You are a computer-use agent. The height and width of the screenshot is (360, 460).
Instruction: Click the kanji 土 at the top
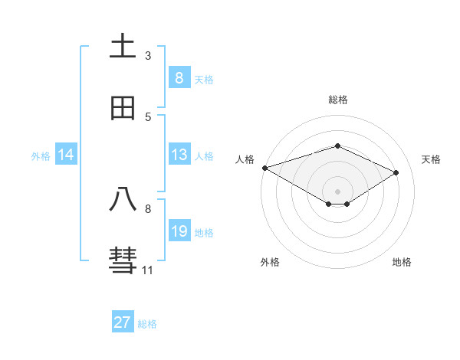click(123, 47)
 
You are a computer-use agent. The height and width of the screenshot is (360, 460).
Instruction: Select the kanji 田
click(123, 108)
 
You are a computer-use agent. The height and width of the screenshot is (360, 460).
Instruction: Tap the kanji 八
click(123, 200)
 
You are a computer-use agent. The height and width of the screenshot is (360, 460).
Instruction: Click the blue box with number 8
click(179, 77)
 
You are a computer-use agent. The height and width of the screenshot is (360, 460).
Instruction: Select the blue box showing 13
click(179, 155)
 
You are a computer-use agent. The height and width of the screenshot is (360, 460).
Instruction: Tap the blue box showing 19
click(179, 231)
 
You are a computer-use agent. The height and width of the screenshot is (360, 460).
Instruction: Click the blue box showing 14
click(66, 155)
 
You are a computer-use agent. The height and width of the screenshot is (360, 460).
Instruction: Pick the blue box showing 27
click(123, 322)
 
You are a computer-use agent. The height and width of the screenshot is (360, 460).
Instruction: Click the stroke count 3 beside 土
click(148, 56)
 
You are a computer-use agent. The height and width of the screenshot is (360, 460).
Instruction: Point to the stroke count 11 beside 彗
click(147, 270)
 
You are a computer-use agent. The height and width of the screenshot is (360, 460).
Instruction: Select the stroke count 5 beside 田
click(148, 117)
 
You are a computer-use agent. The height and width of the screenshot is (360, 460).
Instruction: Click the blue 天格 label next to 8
click(204, 79)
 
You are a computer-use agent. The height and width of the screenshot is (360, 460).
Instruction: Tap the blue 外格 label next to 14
click(41, 156)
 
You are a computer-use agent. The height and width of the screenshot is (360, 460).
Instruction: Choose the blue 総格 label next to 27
click(147, 324)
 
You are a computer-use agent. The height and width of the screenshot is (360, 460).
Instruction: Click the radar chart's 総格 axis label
click(337, 100)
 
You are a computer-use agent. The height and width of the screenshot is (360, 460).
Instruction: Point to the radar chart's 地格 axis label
click(402, 262)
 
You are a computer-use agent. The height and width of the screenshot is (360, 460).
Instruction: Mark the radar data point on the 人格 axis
click(264, 168)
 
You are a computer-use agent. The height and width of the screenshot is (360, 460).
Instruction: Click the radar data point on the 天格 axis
click(396, 172)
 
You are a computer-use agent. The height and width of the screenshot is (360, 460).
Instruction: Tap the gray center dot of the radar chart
click(337, 191)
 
